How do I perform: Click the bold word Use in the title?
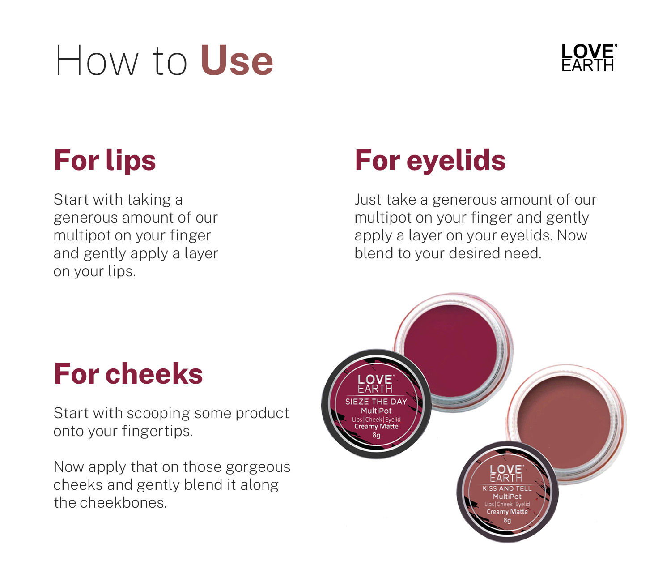click(237, 61)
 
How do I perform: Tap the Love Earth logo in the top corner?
click(589, 57)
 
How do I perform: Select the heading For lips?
click(105, 160)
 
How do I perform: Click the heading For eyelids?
click(430, 160)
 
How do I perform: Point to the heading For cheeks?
click(128, 374)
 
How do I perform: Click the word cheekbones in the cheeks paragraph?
click(123, 503)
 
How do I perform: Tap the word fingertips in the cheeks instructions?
click(157, 432)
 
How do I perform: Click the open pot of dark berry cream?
click(453, 351)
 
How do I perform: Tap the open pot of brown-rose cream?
click(566, 422)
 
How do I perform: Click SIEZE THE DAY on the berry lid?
click(376, 402)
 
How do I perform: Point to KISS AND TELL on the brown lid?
click(507, 488)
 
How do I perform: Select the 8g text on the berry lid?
click(376, 435)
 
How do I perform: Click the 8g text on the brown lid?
click(507, 521)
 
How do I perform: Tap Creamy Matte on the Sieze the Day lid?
click(376, 427)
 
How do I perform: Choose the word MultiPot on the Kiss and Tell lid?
click(507, 497)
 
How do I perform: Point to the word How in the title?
click(97, 61)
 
